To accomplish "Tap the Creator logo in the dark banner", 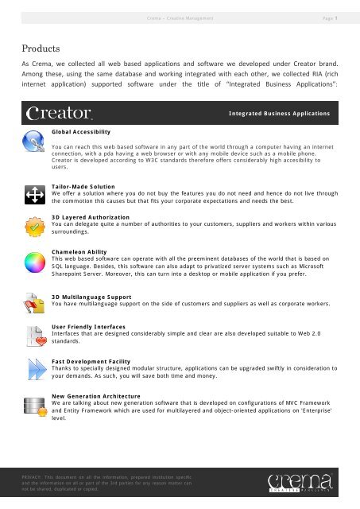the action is coord(60,114).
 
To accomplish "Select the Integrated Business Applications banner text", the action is coord(278,115).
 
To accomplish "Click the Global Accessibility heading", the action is coord(80,130).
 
